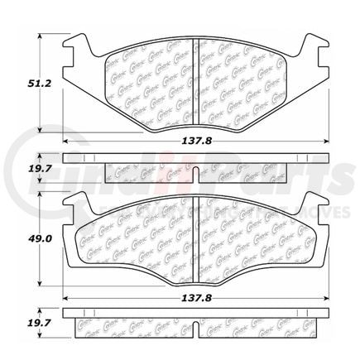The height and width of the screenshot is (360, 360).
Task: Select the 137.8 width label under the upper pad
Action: click(x=192, y=142)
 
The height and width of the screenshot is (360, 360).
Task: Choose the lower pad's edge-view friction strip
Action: click(x=192, y=326)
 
